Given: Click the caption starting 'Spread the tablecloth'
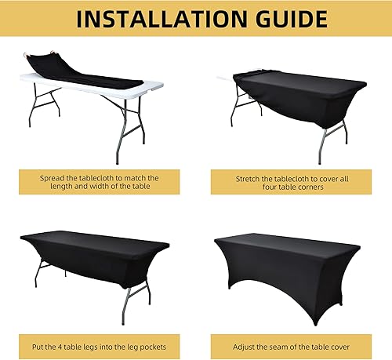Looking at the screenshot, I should click(99, 184).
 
